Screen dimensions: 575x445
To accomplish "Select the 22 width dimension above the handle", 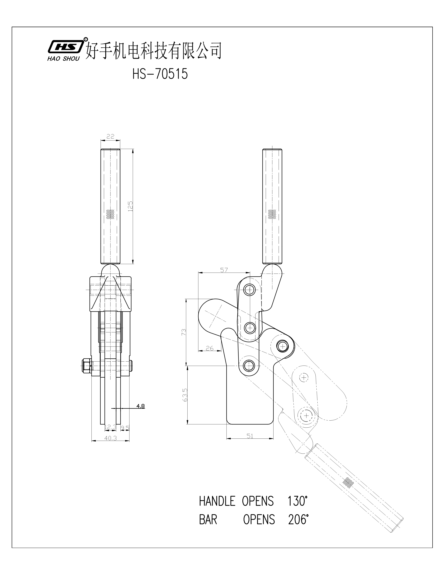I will click(110, 136).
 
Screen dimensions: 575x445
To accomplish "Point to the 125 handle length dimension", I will click(130, 206).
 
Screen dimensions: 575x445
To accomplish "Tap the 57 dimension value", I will click(224, 270).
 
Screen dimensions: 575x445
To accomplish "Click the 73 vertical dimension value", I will click(184, 332).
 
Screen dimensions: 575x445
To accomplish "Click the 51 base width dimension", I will click(250, 436).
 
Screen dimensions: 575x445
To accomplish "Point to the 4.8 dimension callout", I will click(140, 406).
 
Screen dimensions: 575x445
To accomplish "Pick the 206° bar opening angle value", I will click(298, 520).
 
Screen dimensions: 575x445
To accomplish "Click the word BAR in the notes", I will click(208, 520).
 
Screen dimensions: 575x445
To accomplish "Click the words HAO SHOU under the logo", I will click(63, 59).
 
